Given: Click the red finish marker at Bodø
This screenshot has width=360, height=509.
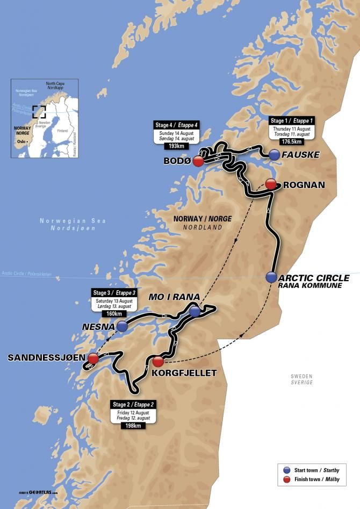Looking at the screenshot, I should (x=198, y=161).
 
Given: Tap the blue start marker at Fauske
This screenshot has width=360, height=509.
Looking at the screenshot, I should (x=275, y=155).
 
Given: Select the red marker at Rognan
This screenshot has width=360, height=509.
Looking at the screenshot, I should (x=271, y=184).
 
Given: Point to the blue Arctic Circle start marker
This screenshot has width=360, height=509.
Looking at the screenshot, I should (x=271, y=277).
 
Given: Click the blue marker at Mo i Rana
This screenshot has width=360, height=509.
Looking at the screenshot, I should (x=195, y=312).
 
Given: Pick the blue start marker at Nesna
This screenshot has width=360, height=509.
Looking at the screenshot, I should (x=123, y=326).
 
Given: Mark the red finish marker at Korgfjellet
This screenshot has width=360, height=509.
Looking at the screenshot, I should (x=157, y=361).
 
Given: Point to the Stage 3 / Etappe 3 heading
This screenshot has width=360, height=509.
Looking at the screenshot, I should (x=113, y=293).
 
